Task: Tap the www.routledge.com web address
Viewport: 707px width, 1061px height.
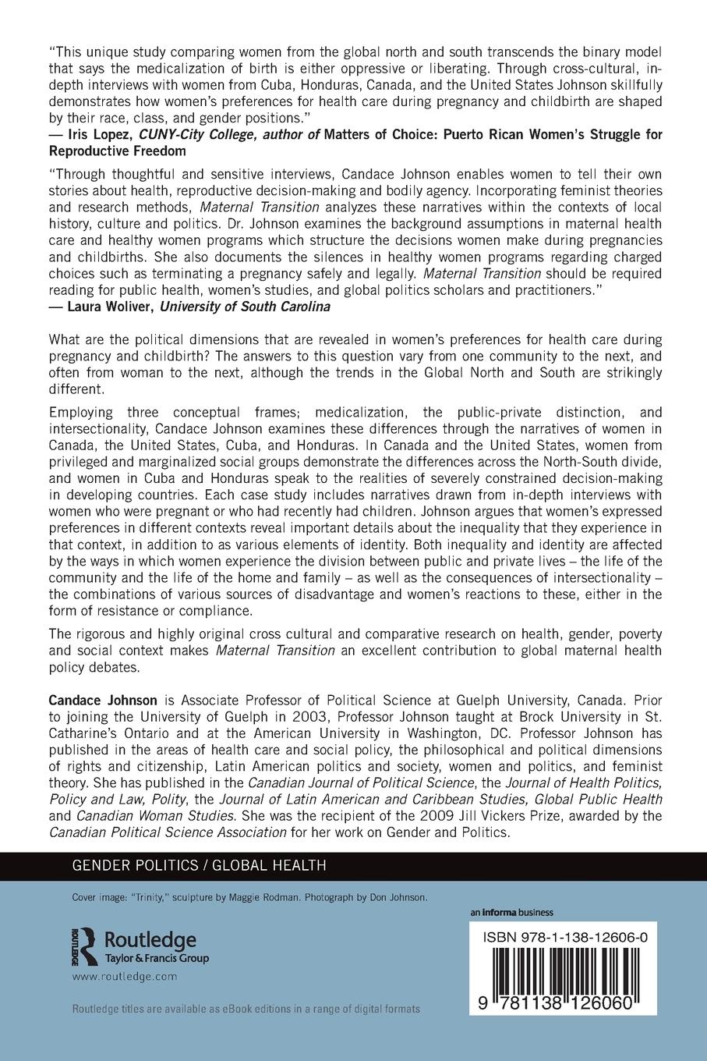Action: click(x=125, y=976)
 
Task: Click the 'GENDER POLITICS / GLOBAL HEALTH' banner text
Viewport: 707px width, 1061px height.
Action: click(x=199, y=865)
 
